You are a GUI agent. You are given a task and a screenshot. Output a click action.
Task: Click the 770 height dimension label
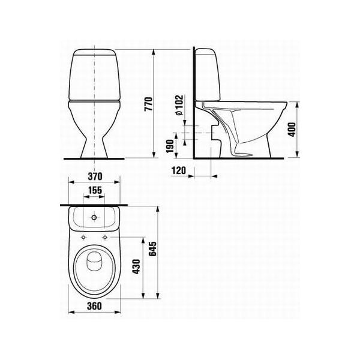(x=148, y=104)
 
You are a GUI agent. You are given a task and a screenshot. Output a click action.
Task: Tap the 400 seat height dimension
(x=292, y=130)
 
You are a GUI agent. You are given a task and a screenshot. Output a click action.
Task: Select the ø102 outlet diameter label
(x=179, y=104)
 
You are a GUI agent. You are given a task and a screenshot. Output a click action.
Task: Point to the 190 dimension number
(x=170, y=146)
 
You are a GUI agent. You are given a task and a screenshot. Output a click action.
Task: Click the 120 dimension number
(x=179, y=170)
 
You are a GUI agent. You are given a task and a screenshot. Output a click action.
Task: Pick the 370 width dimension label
(x=95, y=176)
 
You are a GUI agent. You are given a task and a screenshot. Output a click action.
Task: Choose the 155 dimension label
(x=95, y=190)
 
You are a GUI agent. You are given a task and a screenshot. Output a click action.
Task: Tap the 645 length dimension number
(x=152, y=248)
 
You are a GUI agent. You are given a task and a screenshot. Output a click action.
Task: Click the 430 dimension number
(x=137, y=266)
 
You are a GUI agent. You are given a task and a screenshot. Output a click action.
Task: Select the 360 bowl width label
(x=94, y=306)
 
